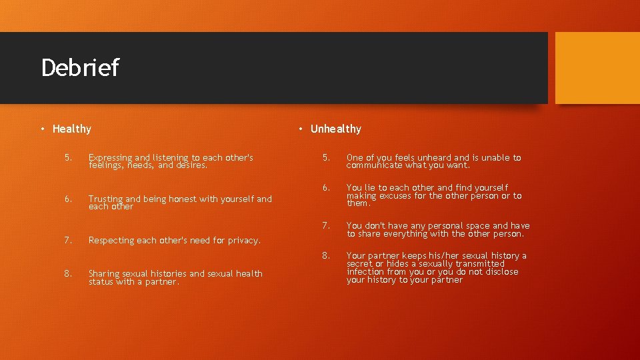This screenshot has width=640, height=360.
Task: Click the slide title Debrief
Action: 79,68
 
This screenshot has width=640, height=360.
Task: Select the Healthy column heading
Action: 71,129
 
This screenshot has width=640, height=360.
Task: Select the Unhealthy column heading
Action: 335,129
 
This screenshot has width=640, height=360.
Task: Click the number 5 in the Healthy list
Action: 68,158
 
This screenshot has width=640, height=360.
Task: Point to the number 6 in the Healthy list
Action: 68,199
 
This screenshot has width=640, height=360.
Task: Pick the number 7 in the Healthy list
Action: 68,240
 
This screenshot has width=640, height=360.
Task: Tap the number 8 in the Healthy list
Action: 68,273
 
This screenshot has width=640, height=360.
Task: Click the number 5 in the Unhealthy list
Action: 326,158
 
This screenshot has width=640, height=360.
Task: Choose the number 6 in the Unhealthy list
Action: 326,188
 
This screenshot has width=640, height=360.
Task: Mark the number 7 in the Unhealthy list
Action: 326,226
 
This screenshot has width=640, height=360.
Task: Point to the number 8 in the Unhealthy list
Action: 326,255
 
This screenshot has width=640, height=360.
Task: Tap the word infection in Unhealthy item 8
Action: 365,272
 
